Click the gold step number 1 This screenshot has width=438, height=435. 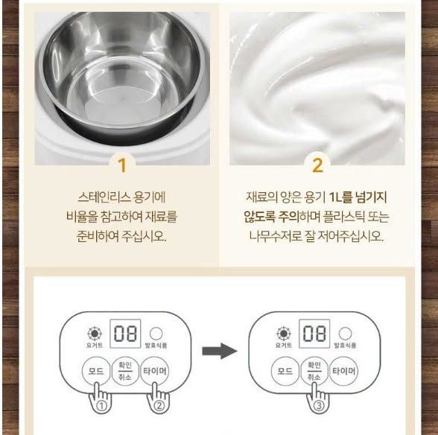(x=122, y=165)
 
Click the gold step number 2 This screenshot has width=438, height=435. (x=317, y=165)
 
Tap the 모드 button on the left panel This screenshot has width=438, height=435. (x=96, y=371)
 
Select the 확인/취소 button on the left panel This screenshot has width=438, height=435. (x=125, y=371)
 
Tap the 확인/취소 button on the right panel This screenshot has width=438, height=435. (x=314, y=371)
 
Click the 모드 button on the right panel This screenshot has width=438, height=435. (x=285, y=371)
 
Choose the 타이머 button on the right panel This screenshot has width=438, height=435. (x=343, y=371)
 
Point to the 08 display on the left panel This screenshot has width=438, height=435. (x=125, y=334)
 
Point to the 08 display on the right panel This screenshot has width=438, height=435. (x=314, y=334)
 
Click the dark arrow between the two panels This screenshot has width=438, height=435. (x=220, y=351)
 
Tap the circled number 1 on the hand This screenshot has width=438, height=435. (x=101, y=405)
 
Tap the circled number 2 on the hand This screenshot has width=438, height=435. (x=159, y=405)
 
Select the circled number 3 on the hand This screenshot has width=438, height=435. (x=319, y=405)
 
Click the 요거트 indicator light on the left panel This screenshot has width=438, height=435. (x=95, y=333)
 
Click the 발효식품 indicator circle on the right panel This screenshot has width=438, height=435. (x=345, y=333)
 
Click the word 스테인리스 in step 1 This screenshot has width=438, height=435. (x=104, y=197)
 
